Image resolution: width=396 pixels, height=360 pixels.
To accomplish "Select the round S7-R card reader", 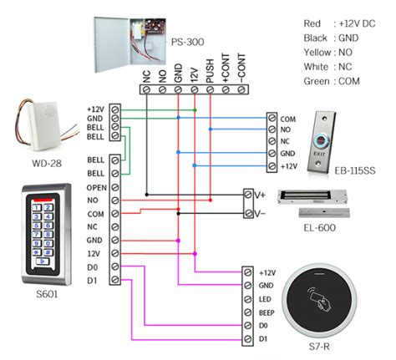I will click(x=325, y=302).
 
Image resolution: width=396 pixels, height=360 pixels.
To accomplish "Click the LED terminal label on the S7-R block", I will click(x=267, y=298).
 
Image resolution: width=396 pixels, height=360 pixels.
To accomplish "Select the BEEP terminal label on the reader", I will click(x=267, y=312).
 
